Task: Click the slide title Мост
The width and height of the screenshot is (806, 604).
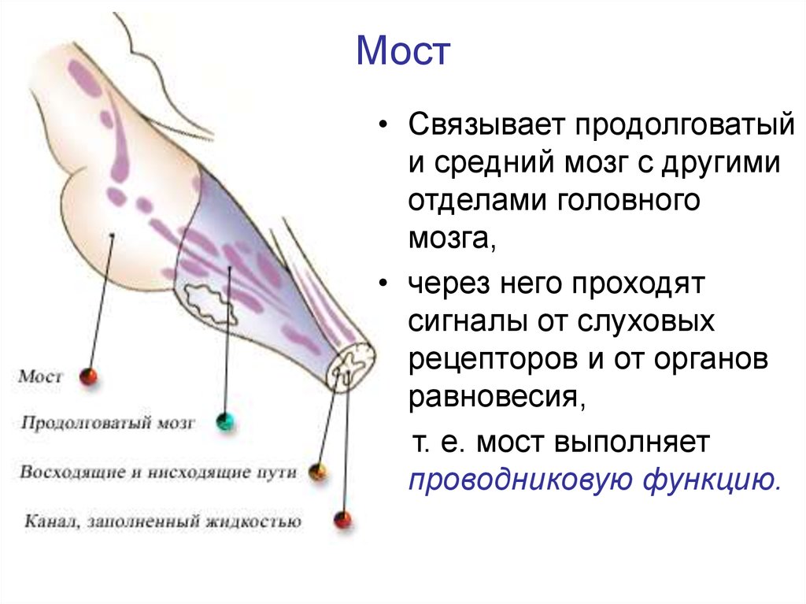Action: point(403,51)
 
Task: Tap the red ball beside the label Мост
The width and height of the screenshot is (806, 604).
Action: point(88,377)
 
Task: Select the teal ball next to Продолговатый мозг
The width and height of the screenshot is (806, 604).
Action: point(224,421)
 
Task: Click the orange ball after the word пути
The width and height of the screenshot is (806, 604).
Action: point(318,472)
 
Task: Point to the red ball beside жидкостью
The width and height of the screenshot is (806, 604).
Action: point(343,520)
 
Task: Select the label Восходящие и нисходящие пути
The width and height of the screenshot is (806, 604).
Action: point(158,472)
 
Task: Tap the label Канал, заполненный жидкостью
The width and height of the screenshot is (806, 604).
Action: point(163,521)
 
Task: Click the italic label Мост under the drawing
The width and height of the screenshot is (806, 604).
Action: point(40,376)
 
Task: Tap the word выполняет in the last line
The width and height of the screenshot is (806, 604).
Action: point(633,443)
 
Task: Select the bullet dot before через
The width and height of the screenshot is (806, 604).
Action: point(382,284)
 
